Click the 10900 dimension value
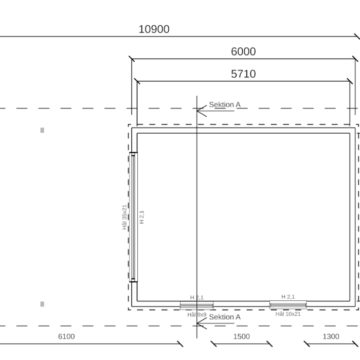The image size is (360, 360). (154, 29)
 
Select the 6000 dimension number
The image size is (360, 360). (243, 51)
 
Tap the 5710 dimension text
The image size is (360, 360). (243, 74)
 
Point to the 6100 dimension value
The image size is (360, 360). (66, 336)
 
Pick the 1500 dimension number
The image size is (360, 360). (242, 336)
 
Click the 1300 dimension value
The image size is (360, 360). (331, 336)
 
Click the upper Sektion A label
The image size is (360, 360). (225, 105)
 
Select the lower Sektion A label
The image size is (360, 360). (225, 317)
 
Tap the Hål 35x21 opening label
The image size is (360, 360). (124, 217)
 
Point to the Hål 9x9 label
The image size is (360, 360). (197, 315)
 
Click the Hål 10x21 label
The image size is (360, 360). (288, 314)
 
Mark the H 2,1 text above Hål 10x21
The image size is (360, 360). (288, 297)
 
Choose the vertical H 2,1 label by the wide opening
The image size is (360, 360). (141, 217)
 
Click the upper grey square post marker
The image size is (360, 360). (42, 130)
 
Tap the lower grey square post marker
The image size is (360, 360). (42, 304)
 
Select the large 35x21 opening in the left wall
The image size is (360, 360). (133, 217)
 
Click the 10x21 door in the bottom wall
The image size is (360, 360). (288, 304)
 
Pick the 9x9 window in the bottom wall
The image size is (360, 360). (197, 305)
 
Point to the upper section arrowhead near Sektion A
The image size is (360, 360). (202, 111)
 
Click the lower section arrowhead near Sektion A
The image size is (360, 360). (202, 323)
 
